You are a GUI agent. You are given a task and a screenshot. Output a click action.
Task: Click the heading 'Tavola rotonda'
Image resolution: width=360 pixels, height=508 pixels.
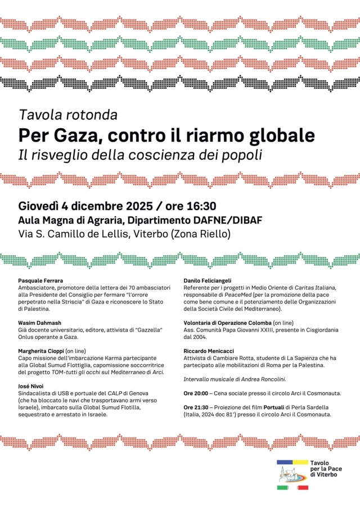[x=68, y=116]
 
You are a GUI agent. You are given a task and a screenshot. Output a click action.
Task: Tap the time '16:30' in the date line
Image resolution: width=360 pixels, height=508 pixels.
[x=197, y=206]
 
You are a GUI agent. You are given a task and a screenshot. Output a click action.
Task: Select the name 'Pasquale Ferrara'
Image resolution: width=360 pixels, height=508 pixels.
[x=40, y=280]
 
